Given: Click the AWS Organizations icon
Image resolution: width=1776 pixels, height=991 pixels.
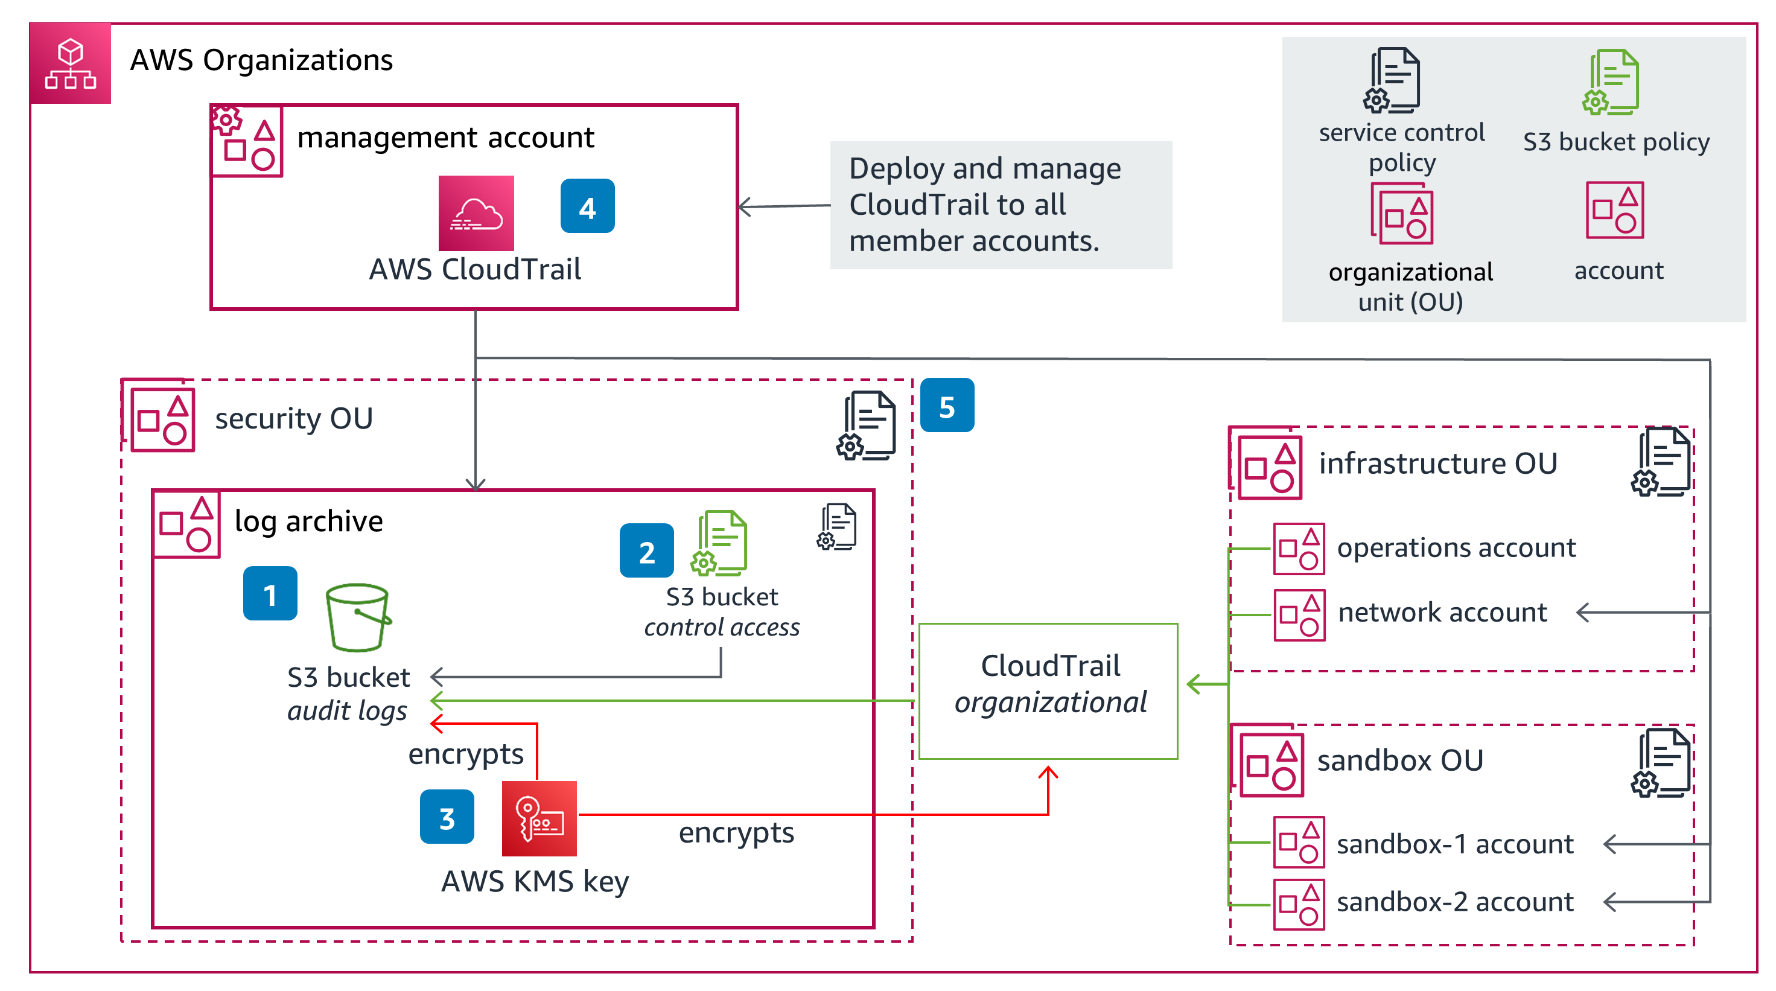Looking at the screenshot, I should [71, 63].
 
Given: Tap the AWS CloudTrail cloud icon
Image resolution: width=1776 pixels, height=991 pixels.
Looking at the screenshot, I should [476, 213].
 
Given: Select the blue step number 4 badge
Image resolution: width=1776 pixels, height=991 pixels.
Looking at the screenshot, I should [587, 206].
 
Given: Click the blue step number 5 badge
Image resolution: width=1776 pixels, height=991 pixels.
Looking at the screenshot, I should [947, 406].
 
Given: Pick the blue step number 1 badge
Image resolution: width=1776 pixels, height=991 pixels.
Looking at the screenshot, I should [270, 594].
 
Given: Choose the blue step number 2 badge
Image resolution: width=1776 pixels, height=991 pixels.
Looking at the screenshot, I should [646, 551].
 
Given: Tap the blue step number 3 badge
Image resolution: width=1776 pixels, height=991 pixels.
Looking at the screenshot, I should [447, 817].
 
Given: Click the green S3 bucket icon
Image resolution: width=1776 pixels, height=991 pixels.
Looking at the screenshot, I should [357, 618].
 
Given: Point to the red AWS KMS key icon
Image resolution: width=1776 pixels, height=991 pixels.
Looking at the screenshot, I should [539, 818].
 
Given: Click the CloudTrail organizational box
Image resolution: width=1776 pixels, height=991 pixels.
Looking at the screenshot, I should [1048, 691].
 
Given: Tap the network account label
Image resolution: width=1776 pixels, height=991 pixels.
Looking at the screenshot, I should [1442, 613].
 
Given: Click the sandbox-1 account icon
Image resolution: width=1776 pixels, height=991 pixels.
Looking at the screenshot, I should [1299, 842].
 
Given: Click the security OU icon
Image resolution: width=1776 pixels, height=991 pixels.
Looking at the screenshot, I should [161, 419].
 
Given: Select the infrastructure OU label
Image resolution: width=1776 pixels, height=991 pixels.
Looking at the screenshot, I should [1437, 464].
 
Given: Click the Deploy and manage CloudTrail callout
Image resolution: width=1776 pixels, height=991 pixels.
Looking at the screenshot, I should [1001, 205].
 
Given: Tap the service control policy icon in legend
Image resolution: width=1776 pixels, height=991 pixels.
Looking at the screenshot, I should [1393, 81].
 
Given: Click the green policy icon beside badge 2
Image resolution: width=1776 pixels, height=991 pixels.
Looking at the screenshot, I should [720, 543].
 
